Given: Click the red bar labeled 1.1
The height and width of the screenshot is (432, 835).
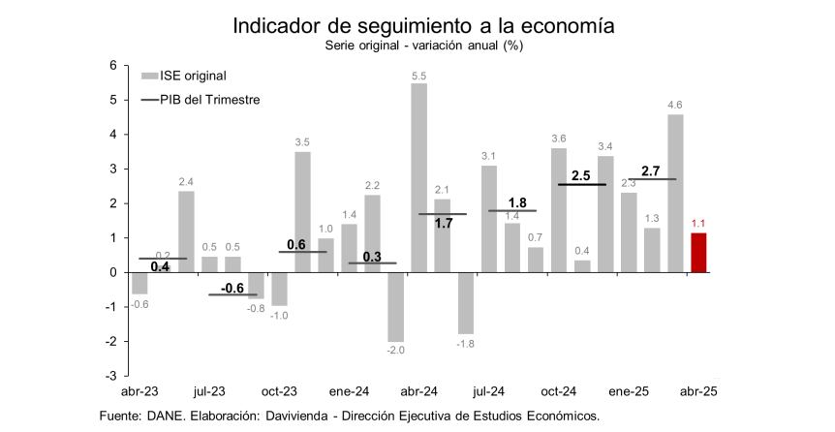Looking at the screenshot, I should (697, 253).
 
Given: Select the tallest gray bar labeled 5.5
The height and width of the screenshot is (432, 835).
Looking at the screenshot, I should (418, 177).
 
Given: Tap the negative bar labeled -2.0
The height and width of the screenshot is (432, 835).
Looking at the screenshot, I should (395, 306).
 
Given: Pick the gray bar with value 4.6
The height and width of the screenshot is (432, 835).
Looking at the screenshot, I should (674, 193).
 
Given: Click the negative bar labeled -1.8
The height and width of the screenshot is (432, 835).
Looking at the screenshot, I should (465, 303).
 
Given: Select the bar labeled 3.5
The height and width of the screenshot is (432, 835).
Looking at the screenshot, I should (302, 212).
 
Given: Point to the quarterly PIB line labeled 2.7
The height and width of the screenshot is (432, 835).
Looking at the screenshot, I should (652, 179).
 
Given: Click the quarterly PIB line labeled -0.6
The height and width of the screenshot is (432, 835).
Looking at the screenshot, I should (232, 293).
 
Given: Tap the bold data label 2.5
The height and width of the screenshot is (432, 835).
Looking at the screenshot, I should (581, 175).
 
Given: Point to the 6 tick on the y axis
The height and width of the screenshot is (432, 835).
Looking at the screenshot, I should (112, 66).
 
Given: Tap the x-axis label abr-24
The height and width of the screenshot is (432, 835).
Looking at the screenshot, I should (417, 391).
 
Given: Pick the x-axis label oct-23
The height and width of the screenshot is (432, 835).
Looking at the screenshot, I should (278, 391).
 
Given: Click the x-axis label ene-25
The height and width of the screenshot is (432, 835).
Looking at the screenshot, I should (628, 391).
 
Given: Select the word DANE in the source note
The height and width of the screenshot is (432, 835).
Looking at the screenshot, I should (171, 416).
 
